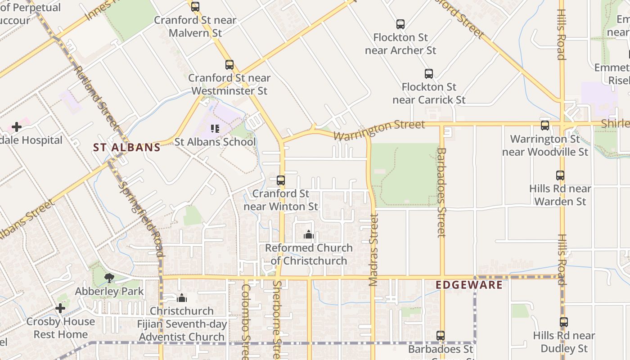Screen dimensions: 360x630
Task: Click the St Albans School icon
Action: [215, 129]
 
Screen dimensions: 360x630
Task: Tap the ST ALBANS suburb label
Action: [127, 147]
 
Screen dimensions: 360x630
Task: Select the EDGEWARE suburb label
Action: [469, 285]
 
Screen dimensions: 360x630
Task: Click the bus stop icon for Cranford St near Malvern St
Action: [195, 7]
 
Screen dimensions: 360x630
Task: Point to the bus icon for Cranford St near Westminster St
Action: [229, 65]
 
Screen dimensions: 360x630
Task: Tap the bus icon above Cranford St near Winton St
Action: [281, 180]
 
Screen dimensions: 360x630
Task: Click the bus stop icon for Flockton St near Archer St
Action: [400, 24]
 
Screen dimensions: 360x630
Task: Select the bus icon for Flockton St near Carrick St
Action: [429, 74]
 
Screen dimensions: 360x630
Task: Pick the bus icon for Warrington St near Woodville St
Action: [545, 126]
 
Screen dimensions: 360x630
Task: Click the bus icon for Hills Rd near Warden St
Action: [560, 175]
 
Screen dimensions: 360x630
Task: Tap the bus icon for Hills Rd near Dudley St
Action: [564, 322]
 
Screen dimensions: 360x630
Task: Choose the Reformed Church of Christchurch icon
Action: [309, 234]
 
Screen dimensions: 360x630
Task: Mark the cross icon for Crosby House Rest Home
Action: [60, 308]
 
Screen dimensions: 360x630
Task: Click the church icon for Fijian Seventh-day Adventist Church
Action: [182, 298]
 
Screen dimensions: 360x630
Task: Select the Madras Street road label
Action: [373, 250]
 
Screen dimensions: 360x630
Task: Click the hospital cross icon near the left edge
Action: [17, 127]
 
